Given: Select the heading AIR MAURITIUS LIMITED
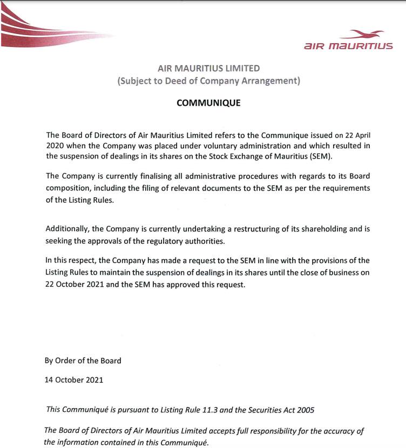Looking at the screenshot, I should point(208,68).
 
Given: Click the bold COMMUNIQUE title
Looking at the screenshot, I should point(208,103).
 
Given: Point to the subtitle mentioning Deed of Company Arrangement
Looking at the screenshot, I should point(208,81).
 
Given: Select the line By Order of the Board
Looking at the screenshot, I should point(83,361).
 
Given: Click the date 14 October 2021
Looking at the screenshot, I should point(74,380).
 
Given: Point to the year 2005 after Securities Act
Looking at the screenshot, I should point(304,409).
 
